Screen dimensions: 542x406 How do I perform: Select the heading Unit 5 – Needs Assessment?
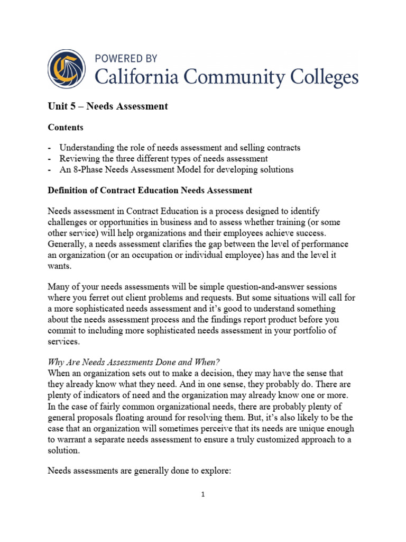(x=108, y=106)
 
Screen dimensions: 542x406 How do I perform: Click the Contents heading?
(x=66, y=128)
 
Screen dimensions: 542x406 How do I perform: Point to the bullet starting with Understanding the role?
(x=180, y=148)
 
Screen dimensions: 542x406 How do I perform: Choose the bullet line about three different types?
(x=163, y=158)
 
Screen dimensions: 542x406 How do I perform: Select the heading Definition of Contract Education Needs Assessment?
(x=150, y=189)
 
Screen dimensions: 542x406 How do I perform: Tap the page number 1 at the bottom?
(x=202, y=495)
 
